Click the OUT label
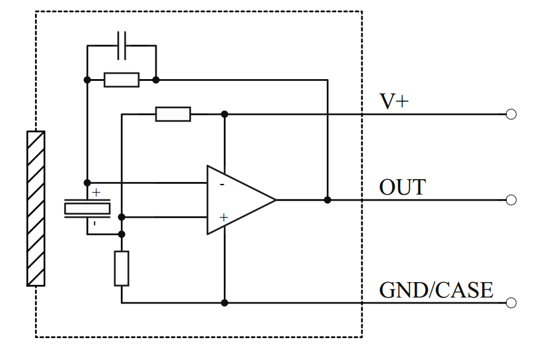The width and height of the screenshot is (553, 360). [402, 187]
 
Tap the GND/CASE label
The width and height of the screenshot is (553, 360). [436, 290]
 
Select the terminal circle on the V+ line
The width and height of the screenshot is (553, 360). [511, 114]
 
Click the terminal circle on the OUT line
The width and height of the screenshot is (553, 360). [511, 200]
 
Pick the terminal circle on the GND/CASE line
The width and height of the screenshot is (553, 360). [511, 303]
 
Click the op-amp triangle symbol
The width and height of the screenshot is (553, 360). [238, 200]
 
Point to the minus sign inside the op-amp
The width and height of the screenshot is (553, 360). [222, 184]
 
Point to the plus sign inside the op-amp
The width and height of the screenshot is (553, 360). [223, 218]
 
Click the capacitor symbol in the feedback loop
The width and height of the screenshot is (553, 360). [121, 46]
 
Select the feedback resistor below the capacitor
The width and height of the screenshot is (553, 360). [121, 80]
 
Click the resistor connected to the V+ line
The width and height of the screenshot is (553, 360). [173, 114]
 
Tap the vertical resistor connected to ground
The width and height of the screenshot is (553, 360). [121, 268]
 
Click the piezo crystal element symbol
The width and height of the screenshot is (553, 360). [88, 208]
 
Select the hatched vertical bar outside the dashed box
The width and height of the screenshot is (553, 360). [36, 208]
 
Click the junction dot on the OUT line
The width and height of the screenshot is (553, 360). [327, 200]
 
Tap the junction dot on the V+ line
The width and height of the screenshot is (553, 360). [224, 114]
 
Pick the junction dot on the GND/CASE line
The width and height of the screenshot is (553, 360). [224, 303]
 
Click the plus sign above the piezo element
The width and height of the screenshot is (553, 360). [96, 193]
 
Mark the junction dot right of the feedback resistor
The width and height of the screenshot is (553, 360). [156, 80]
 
